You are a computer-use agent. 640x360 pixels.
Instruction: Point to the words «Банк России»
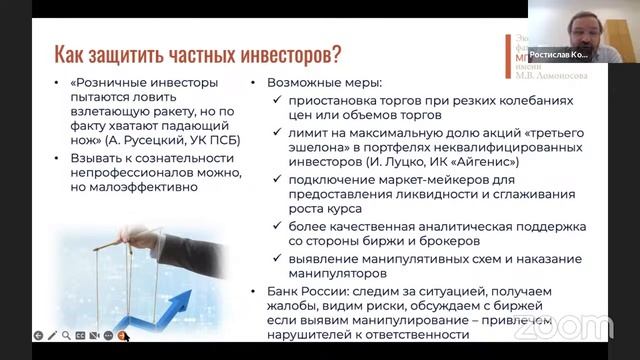(x=297, y=291)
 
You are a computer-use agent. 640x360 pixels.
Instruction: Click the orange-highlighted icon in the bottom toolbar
(x=121, y=336)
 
